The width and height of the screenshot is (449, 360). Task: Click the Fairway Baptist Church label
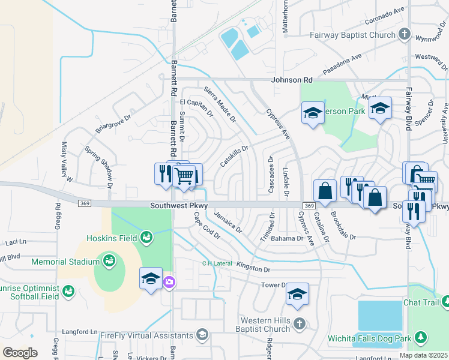[x=352, y=35]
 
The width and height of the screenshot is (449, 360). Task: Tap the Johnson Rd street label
[x=292, y=79]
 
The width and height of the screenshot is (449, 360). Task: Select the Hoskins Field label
[x=115, y=238]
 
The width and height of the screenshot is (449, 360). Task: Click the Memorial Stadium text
[x=65, y=262]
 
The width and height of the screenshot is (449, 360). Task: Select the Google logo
[x=19, y=353]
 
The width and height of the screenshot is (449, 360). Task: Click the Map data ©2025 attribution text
[x=423, y=355]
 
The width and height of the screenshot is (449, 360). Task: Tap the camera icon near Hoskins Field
[x=169, y=281]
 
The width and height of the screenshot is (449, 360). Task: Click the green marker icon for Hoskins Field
[x=146, y=238]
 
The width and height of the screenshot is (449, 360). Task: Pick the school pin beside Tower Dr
[x=297, y=294]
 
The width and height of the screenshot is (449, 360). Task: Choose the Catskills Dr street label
[x=234, y=155]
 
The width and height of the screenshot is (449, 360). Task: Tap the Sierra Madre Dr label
[x=220, y=104]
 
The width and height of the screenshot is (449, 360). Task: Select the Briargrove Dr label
[x=112, y=124]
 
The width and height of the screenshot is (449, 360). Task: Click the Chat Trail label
[x=422, y=302]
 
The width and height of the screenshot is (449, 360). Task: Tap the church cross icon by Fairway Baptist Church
[x=405, y=34]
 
